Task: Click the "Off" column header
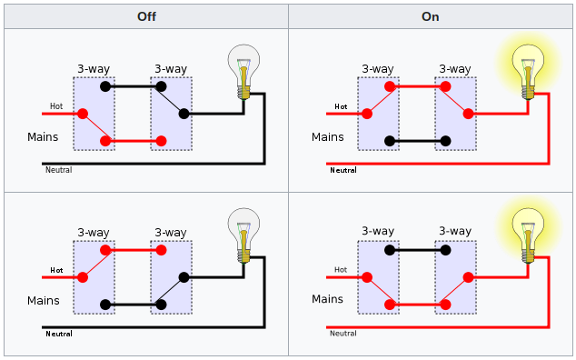[x=145, y=16]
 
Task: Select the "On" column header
[x=431, y=16]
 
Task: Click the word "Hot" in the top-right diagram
[x=341, y=106]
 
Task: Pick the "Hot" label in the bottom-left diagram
[x=56, y=270]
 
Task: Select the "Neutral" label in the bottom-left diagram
[x=59, y=334]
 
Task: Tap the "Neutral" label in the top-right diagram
[x=343, y=170]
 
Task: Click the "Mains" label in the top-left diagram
[x=43, y=138]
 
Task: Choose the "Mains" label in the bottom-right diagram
[x=328, y=299]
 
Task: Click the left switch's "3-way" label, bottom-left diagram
[x=93, y=233]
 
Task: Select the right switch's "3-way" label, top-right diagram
[x=455, y=69]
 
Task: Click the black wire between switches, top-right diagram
[x=418, y=141]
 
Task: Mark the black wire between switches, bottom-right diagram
[x=418, y=249]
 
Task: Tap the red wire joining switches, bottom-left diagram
[x=134, y=249]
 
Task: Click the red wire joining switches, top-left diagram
[x=134, y=141]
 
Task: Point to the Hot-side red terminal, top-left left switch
[x=83, y=114]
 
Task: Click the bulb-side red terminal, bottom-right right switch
[x=469, y=276]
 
